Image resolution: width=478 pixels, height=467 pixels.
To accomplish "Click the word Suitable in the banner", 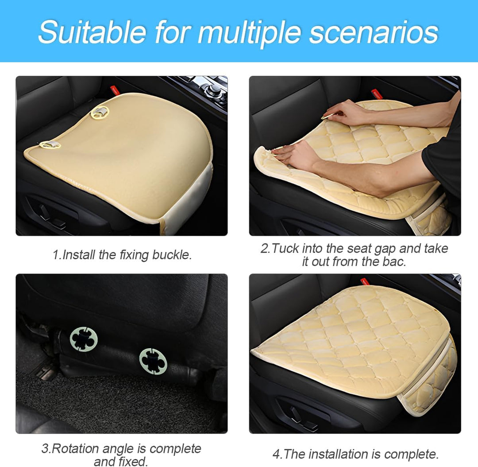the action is tap(93, 32).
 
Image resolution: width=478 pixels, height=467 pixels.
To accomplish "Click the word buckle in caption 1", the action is tap(172, 255).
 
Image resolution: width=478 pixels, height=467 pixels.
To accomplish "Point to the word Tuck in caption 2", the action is tap(285, 249).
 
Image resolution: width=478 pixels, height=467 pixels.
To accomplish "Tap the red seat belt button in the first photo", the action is tap(114, 90).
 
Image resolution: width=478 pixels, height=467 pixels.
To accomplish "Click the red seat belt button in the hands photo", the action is tap(377, 93).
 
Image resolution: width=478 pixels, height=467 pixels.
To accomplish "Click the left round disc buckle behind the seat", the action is tap(84, 339).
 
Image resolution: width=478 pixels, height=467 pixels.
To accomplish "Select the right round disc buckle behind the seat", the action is tap(153, 361).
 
